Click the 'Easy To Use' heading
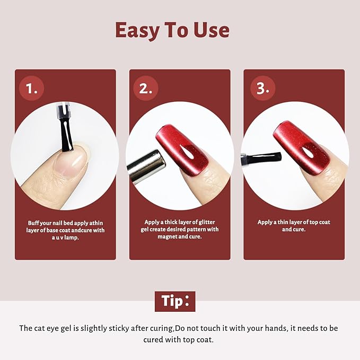(172, 30)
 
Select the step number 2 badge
(145, 88)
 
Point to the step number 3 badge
(262, 88)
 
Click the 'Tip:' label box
(175, 301)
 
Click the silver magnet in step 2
(146, 166)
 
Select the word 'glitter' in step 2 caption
(205, 222)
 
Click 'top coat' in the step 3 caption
(318, 222)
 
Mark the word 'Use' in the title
(209, 30)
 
